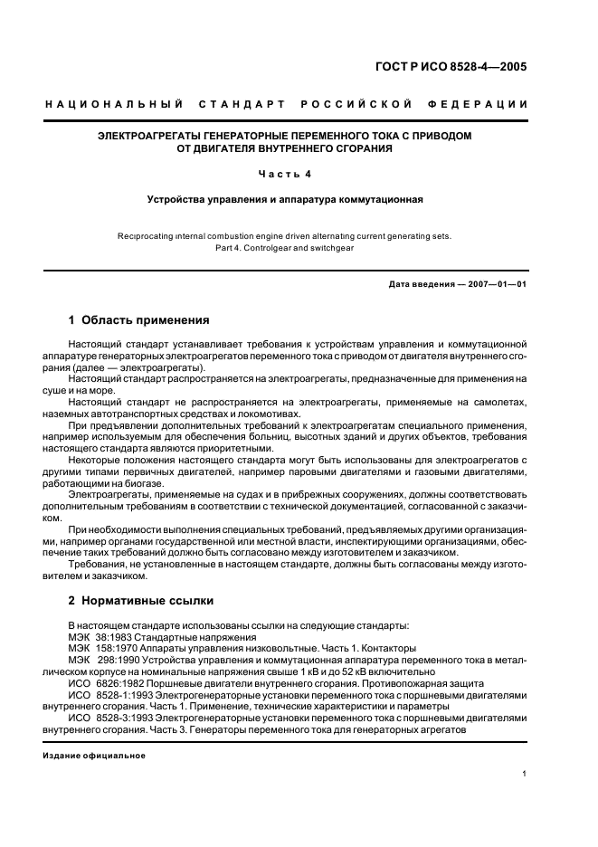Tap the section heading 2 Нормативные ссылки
click(x=138, y=600)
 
